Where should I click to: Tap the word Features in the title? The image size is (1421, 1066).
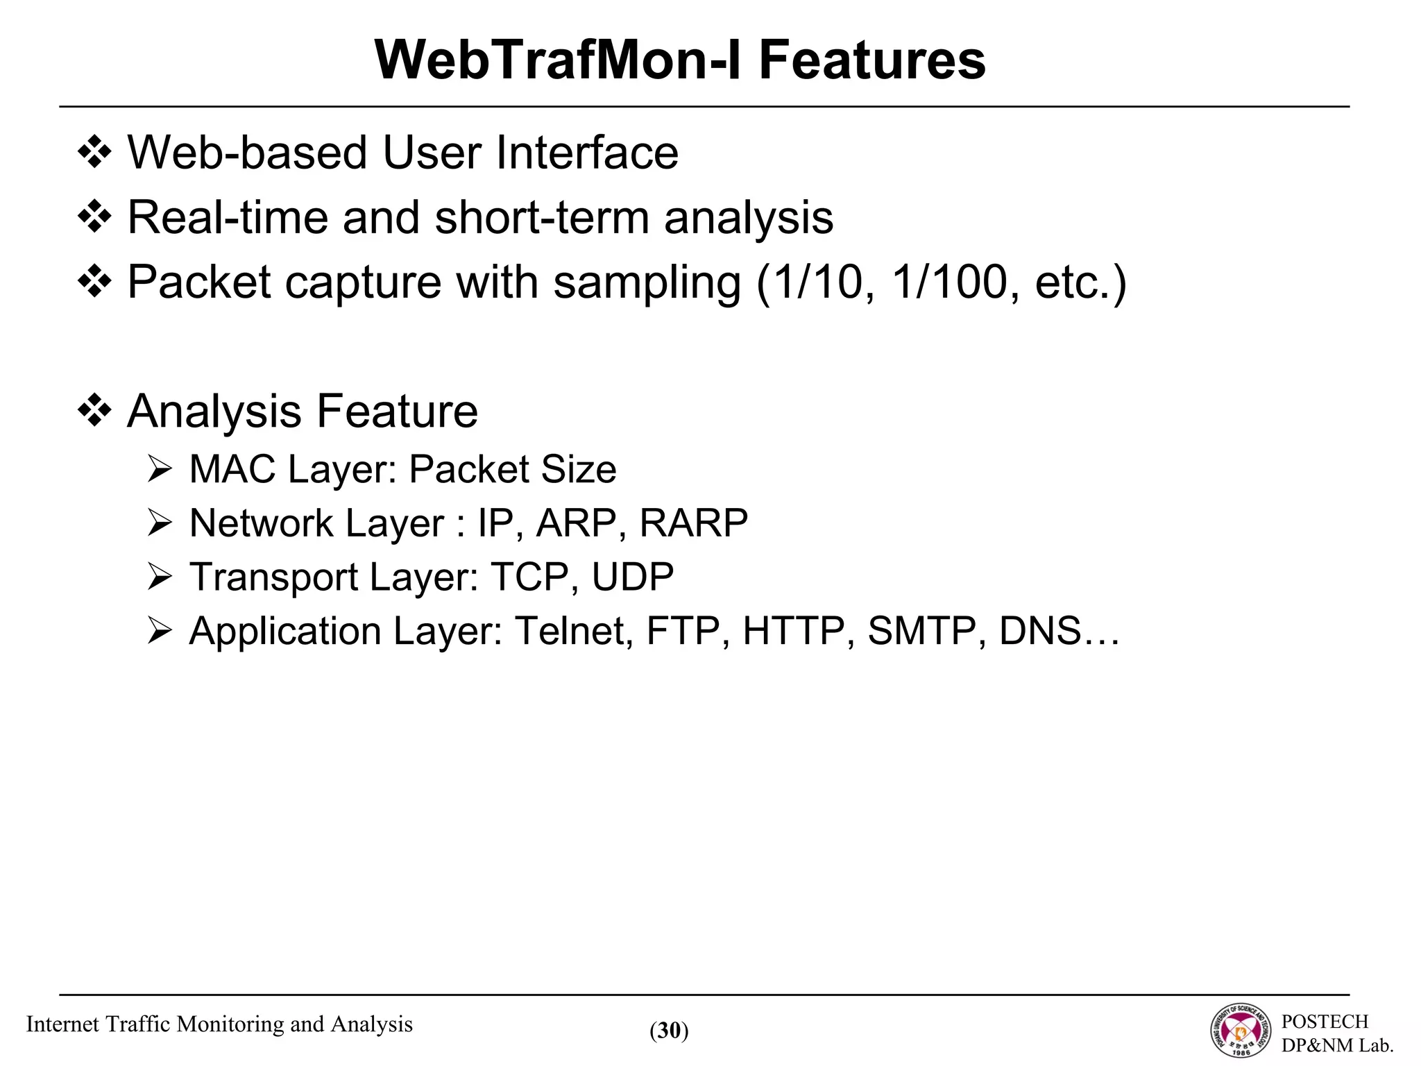pyautogui.click(x=871, y=60)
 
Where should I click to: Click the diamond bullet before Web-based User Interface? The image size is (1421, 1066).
pyautogui.click(x=94, y=153)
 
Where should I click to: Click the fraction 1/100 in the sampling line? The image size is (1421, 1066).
pyautogui.click(x=949, y=282)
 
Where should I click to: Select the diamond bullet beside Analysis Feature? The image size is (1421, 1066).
pyautogui.click(x=94, y=412)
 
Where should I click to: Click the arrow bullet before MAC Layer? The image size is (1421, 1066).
pyautogui.click(x=160, y=470)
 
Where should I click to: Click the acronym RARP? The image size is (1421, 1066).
pyautogui.click(x=693, y=523)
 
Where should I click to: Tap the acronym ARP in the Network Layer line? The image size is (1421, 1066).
pyautogui.click(x=576, y=523)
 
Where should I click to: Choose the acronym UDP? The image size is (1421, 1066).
pyautogui.click(x=633, y=577)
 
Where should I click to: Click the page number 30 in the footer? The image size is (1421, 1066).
pyautogui.click(x=669, y=1031)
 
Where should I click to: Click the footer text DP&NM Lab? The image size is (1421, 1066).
pyautogui.click(x=1337, y=1045)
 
